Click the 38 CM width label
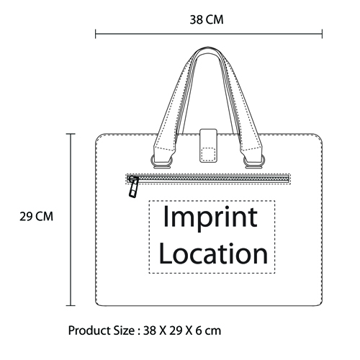coord(207,19)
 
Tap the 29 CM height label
coord(36,217)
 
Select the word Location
coord(213,253)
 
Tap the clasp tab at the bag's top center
coord(209,145)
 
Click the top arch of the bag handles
coord(208,49)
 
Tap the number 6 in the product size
coord(199,330)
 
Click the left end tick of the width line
coord(96,34)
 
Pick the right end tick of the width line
coord(322,34)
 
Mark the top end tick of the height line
coord(71,134)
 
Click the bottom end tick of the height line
coord(71,305)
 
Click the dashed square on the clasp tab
coord(208,154)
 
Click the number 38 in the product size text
coord(150,330)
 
